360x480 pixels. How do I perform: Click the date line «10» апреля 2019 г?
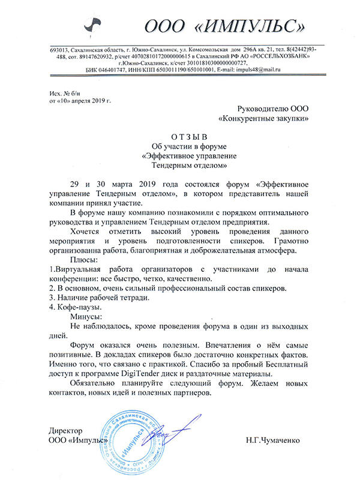click(x=76, y=100)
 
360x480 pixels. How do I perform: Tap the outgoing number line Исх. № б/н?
click(x=64, y=91)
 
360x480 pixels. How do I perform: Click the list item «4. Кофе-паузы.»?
click(x=76, y=307)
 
